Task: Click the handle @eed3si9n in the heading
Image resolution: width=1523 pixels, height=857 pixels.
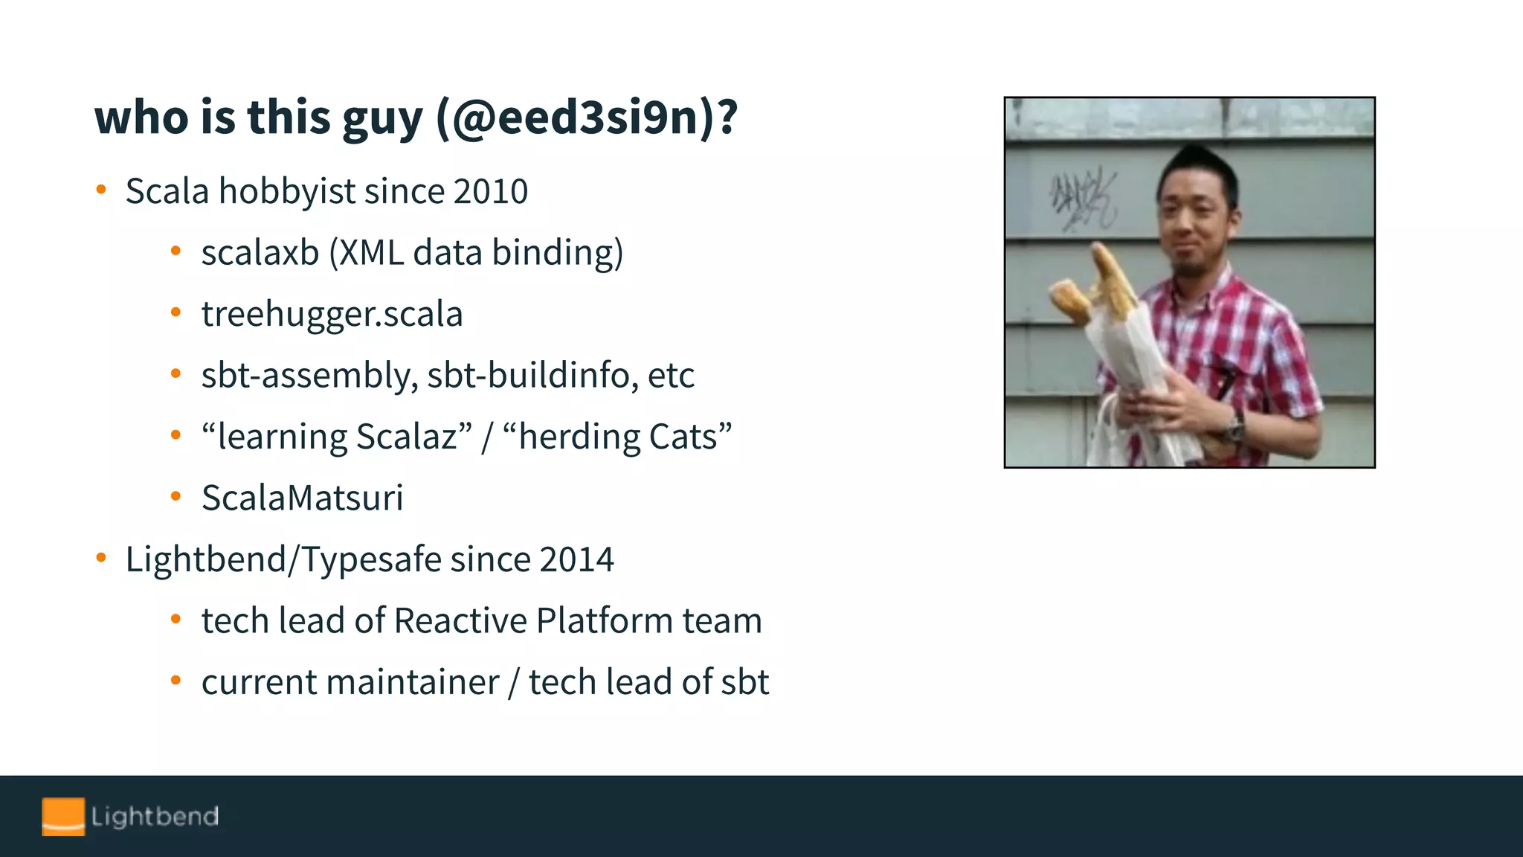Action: [577, 118]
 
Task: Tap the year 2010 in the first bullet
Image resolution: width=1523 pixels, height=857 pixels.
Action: [491, 191]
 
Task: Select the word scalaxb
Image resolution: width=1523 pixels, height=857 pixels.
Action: [260, 253]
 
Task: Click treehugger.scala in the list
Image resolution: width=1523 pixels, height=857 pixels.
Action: [332, 314]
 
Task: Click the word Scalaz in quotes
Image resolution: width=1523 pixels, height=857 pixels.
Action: [406, 437]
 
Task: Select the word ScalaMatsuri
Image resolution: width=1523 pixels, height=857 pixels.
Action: [302, 498]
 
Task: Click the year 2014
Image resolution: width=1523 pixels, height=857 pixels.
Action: [576, 559]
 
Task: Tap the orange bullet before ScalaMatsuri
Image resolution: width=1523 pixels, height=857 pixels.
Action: [176, 496]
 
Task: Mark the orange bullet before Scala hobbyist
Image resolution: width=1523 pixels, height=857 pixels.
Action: [101, 190]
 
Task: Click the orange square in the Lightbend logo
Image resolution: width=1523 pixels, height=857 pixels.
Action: [63, 816]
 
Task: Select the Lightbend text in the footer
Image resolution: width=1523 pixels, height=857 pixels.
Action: [155, 816]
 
